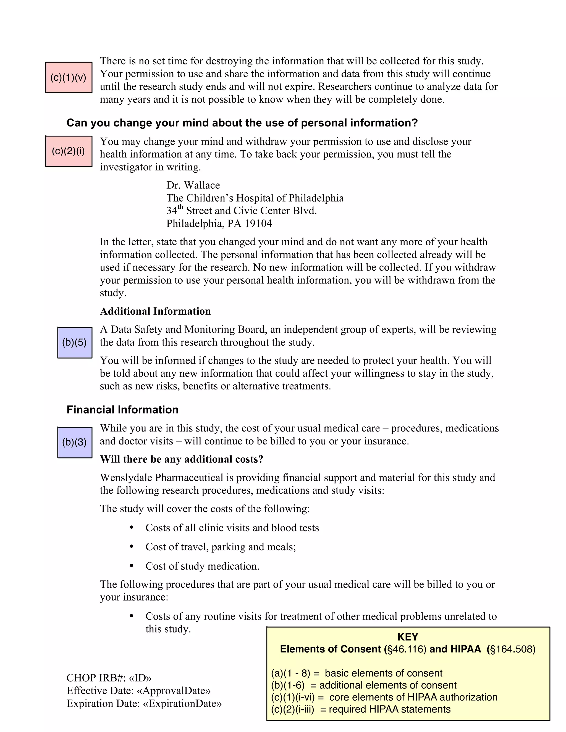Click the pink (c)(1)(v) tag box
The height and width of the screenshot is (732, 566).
click(x=69, y=77)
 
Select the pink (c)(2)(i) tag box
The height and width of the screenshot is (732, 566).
click(x=69, y=151)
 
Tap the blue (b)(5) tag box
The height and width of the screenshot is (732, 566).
click(x=74, y=342)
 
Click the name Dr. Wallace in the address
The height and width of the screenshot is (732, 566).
click(x=193, y=185)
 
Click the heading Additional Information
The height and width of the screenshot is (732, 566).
click(x=155, y=311)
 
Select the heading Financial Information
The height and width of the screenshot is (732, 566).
click(x=122, y=410)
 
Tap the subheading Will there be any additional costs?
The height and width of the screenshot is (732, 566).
click(x=181, y=459)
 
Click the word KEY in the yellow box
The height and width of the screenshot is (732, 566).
click(x=408, y=637)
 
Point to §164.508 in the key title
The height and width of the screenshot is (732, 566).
click(x=512, y=649)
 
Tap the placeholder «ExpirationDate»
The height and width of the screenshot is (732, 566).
click(x=182, y=703)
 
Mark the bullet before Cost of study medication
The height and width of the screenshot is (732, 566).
click(x=132, y=566)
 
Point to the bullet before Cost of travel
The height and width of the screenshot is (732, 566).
click(x=132, y=547)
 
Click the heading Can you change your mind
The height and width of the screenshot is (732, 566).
click(x=242, y=123)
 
